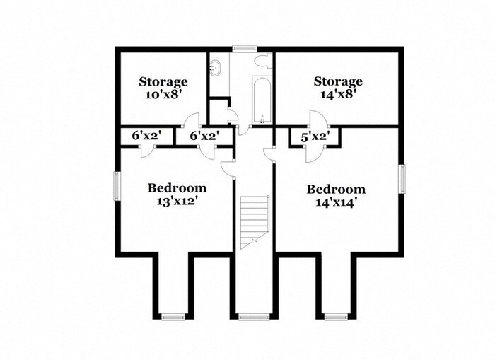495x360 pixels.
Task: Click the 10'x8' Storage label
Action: [x=163, y=88]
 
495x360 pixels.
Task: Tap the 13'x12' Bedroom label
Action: [x=177, y=194]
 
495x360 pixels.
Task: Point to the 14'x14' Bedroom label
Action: [x=336, y=196]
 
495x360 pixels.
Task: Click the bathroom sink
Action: [x=216, y=69]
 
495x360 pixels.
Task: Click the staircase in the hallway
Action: [x=254, y=220]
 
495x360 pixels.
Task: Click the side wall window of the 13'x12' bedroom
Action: [x=118, y=187]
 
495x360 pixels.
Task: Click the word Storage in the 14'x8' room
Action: [x=338, y=81]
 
